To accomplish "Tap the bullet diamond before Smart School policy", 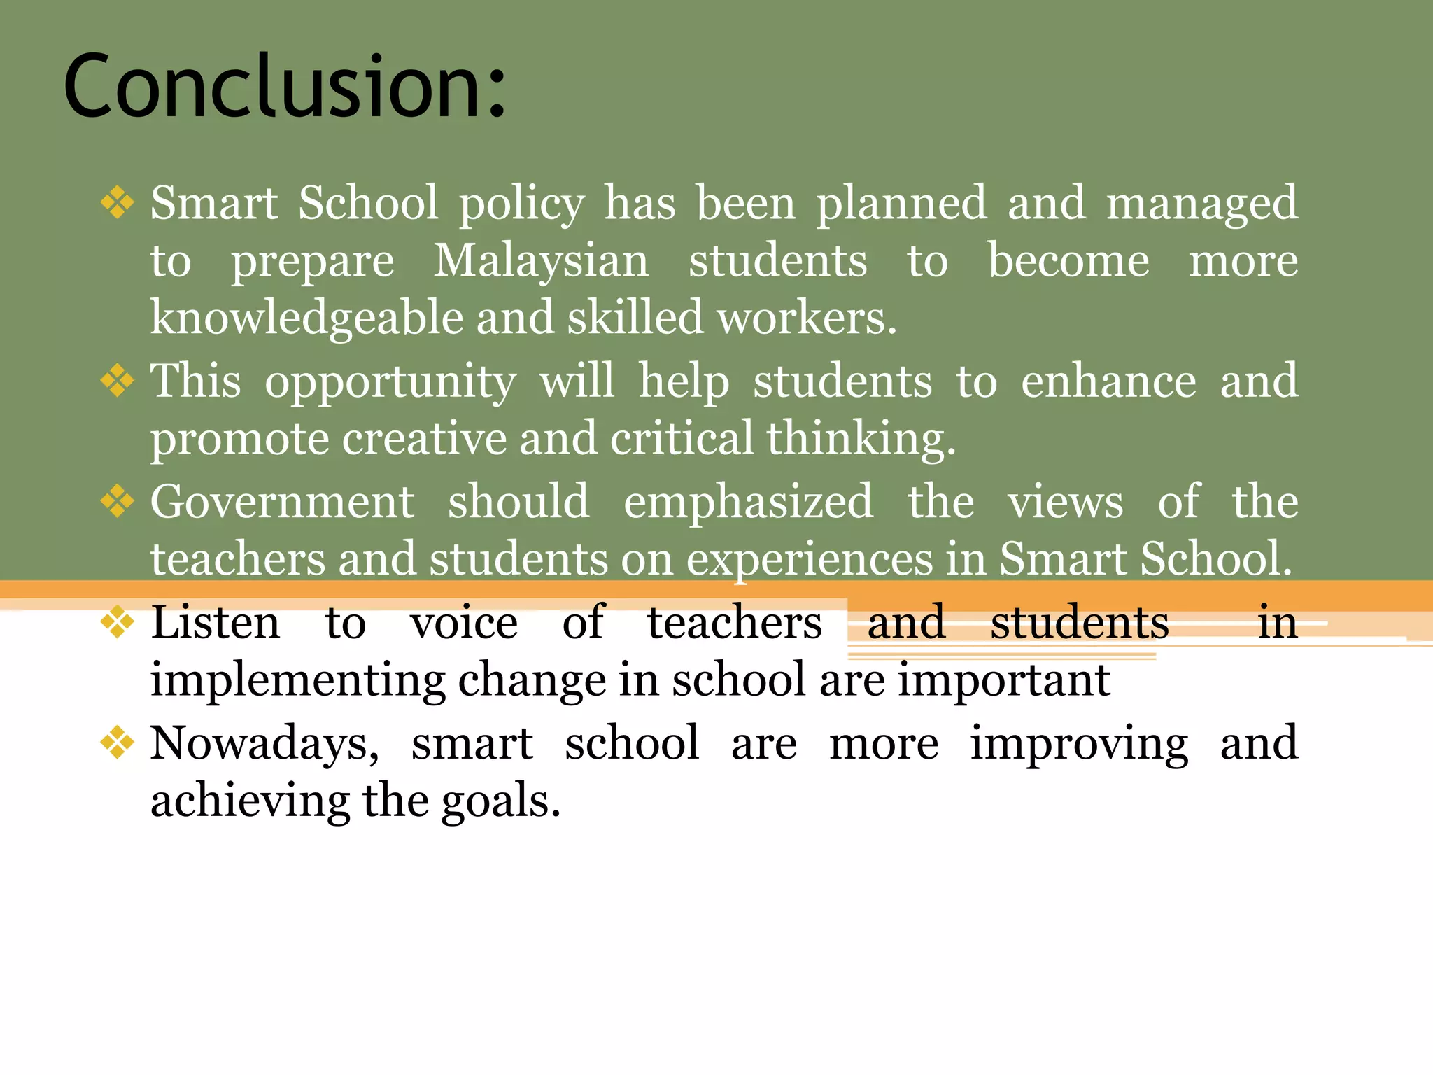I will [117, 203].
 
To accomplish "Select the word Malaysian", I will [541, 261].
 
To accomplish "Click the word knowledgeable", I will [307, 318].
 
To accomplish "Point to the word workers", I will [806, 318].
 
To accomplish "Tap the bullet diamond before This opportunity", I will [117, 381].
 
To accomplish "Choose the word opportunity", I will [390, 383].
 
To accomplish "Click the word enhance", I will [1108, 381].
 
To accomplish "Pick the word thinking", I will [860, 439].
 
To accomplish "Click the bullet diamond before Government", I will [117, 501].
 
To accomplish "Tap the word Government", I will [283, 502].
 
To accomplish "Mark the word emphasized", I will [748, 502].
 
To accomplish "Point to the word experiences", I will [809, 560].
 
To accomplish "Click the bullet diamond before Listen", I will [117, 622].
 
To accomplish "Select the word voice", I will [464, 622].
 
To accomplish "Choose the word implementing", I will [297, 680].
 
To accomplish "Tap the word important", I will [1003, 680].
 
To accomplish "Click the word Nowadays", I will [264, 743].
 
